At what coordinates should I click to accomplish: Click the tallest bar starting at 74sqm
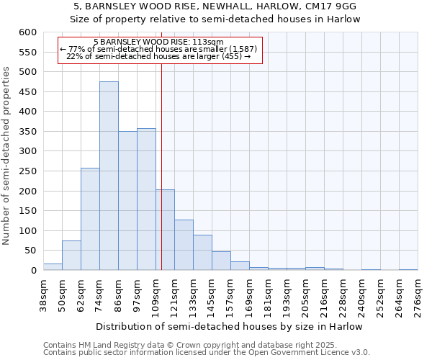[x=109, y=176]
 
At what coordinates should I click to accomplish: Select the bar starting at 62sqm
[x=90, y=220]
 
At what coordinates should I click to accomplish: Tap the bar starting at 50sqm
[x=71, y=256]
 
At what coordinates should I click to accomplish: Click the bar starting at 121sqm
[x=184, y=245]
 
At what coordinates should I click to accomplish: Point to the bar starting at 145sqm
[x=221, y=261]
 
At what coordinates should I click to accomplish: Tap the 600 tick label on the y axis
[x=27, y=32]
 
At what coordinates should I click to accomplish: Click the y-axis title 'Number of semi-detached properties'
[x=6, y=156]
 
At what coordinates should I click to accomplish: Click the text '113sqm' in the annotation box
[x=209, y=42]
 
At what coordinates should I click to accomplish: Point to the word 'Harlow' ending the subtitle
[x=344, y=19]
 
